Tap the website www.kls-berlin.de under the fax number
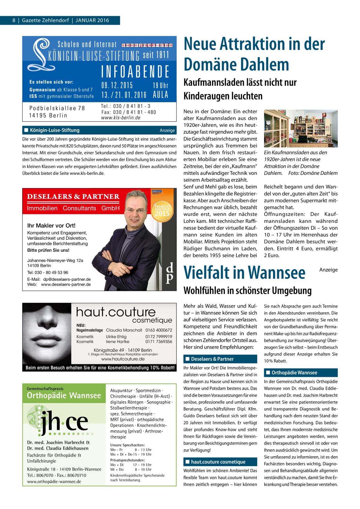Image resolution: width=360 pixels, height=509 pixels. click(x=121, y=118)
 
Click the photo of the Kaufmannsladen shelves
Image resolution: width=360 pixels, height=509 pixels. click(x=301, y=128)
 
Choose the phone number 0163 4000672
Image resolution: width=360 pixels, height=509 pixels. click(x=159, y=330)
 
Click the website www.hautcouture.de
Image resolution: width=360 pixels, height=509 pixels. click(x=123, y=359)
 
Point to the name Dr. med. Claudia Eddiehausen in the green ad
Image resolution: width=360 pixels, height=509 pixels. click(x=58, y=448)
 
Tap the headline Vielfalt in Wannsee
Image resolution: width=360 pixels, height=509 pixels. click(x=244, y=273)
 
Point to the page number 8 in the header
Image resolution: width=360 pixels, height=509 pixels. click(x=14, y=20)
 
